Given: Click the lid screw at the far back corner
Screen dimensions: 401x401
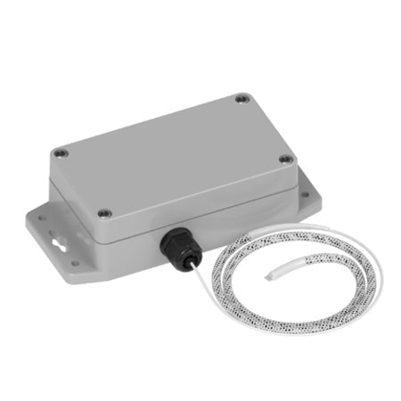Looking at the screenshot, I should coord(241,100).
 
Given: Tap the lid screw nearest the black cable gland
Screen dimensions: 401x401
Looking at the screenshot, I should coord(104,213).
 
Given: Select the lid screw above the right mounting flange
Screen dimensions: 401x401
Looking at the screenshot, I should coord(286,160).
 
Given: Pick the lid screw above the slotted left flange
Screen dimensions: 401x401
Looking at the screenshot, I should coord(59,153).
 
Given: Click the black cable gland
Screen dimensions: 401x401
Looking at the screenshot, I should coord(174,243).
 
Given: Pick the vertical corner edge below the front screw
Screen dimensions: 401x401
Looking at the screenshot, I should coord(105,233).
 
